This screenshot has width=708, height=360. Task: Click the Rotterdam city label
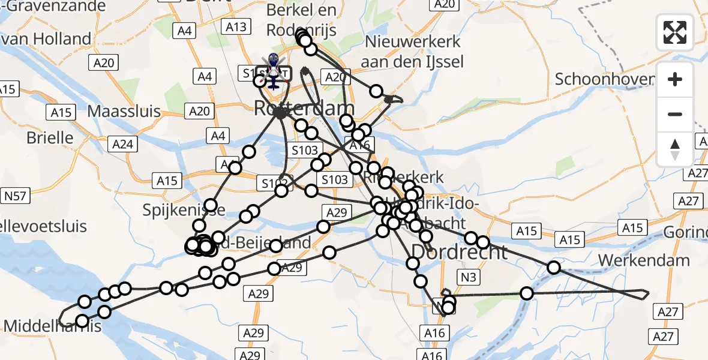pyautogui.click(x=304, y=109)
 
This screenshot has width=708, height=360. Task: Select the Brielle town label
pyautogui.click(x=50, y=137)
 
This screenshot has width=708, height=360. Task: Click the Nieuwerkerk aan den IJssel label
pyautogui.click(x=413, y=52)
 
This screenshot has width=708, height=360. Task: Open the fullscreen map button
pyautogui.click(x=675, y=32)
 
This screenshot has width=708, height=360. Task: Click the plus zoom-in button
pyautogui.click(x=675, y=79)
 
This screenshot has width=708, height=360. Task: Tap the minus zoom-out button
pyautogui.click(x=675, y=114)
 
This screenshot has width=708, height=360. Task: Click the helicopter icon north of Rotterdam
pyautogui.click(x=273, y=71)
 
